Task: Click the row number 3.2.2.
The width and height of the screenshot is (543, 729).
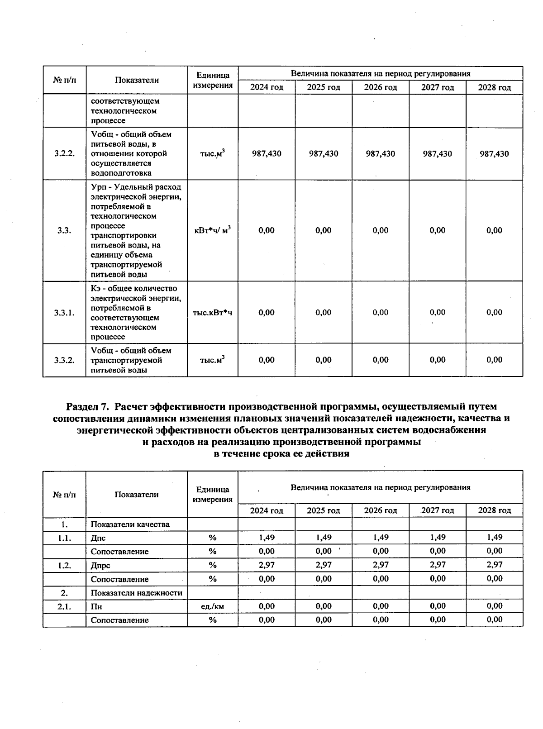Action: (x=64, y=154)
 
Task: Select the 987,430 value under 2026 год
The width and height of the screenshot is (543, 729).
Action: (x=380, y=154)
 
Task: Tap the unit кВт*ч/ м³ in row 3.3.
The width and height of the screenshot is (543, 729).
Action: (x=212, y=230)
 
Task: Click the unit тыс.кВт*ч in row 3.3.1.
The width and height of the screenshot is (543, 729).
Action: (x=212, y=313)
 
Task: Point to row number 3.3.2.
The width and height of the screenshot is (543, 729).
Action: (x=64, y=360)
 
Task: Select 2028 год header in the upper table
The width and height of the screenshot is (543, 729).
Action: (x=494, y=87)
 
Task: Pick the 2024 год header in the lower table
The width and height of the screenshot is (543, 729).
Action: (x=267, y=510)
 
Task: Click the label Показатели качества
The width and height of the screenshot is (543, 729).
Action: (x=130, y=524)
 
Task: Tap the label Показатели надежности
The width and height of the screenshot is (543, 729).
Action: (x=136, y=593)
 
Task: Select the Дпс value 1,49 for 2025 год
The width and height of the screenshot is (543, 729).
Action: (x=324, y=538)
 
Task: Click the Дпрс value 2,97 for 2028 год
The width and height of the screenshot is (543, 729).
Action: (x=494, y=565)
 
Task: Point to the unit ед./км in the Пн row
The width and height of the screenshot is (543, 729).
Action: (x=212, y=606)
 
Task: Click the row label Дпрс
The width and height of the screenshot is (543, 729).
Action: (x=100, y=566)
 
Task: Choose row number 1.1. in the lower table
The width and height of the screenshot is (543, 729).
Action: (x=64, y=538)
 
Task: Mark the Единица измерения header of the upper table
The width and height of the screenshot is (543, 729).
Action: (x=212, y=80)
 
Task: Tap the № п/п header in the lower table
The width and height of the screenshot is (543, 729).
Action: (x=64, y=495)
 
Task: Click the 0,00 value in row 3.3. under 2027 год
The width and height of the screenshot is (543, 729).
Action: (x=437, y=230)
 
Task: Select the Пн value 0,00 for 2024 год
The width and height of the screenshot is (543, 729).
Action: (x=267, y=606)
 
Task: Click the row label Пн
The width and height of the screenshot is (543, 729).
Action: (x=96, y=607)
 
